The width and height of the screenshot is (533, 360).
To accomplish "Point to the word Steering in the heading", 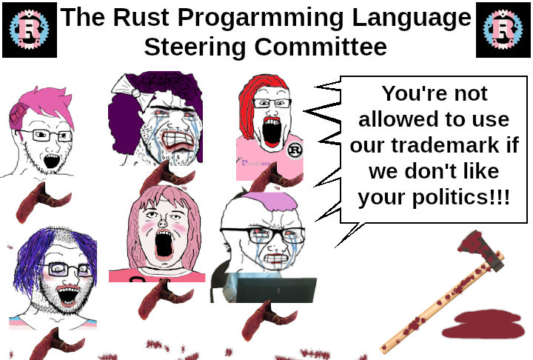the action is click(x=195, y=47).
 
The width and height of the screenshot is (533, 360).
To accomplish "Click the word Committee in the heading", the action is click(x=321, y=46).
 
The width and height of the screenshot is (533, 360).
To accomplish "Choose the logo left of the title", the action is click(x=30, y=30).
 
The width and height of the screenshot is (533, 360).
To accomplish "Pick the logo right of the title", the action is click(x=503, y=30).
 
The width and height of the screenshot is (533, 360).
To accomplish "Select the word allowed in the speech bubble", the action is click(x=395, y=119).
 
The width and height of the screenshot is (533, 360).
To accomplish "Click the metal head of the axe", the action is click(x=480, y=250).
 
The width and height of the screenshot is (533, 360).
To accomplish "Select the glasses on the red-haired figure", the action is click(x=272, y=103).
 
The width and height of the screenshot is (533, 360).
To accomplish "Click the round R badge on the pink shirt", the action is click(x=295, y=150).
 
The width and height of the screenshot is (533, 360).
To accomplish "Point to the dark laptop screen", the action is click(x=276, y=290).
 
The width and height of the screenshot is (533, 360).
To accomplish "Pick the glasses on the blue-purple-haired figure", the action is click(x=67, y=269).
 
